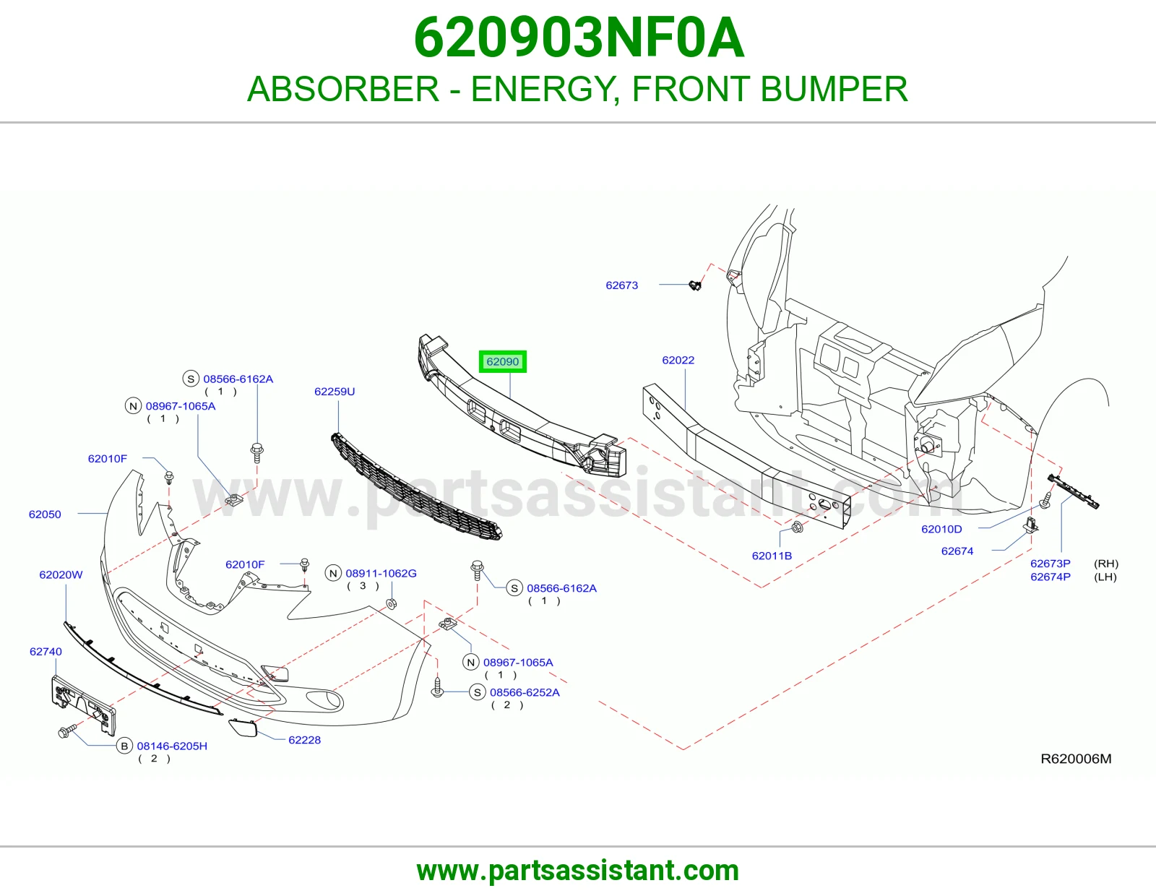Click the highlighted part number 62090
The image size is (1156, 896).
(502, 362)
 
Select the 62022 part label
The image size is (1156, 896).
(678, 361)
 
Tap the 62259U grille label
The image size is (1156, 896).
(334, 392)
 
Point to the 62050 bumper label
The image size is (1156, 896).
(45, 514)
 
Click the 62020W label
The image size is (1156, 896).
(61, 574)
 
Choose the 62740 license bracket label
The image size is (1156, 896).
(46, 651)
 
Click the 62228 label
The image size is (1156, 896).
(304, 740)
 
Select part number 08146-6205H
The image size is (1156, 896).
(172, 746)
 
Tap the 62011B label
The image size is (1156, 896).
(772, 556)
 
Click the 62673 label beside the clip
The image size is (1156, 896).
(621, 285)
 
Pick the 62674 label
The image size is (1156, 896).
(957, 551)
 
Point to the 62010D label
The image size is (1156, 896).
(941, 529)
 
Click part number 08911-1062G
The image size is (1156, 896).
(381, 574)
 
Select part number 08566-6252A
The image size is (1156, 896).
(525, 692)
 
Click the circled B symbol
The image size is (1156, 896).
(124, 746)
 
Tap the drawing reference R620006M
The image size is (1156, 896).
(1076, 759)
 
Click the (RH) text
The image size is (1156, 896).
(1106, 564)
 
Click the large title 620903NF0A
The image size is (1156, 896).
(579, 38)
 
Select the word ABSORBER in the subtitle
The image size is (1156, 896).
(343, 89)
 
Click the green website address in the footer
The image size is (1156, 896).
(578, 871)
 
